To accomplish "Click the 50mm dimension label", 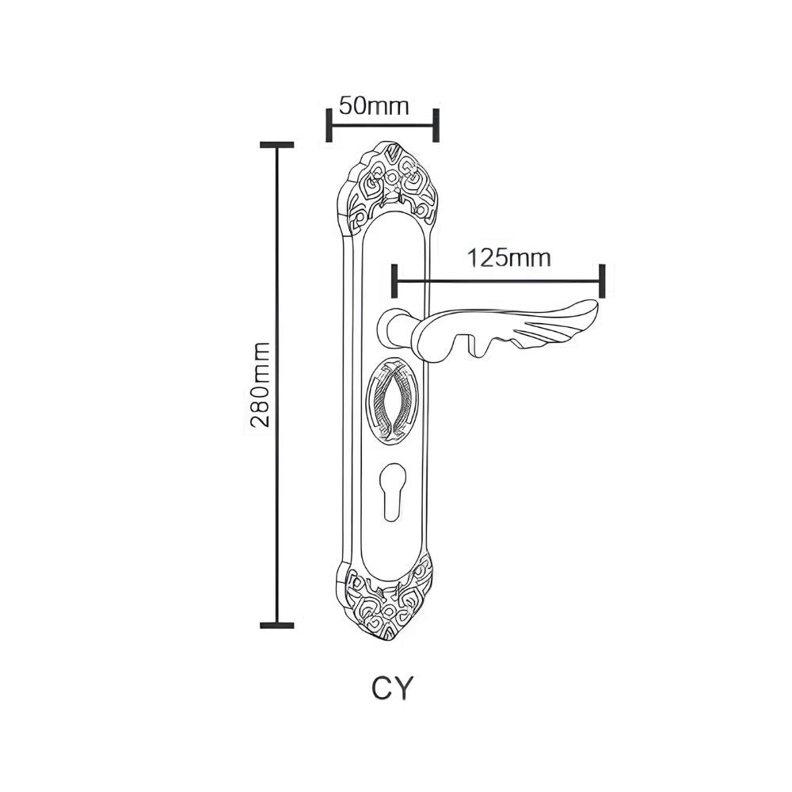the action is coord(373,106).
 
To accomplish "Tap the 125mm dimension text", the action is coord(508,258).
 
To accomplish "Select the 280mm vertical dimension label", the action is coord(261,384).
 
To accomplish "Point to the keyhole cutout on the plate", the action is coord(390,490).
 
